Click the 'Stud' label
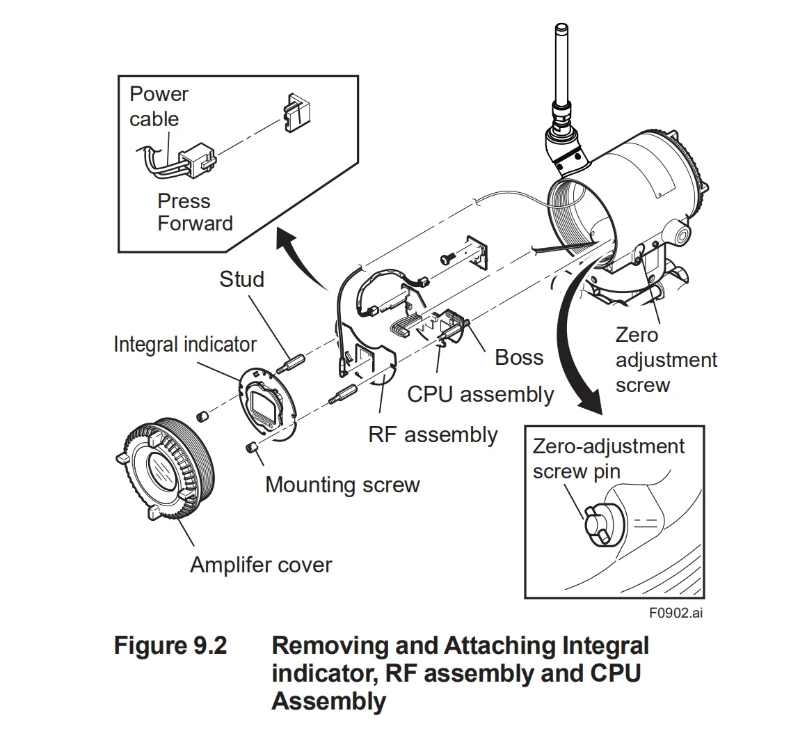pos(241,279)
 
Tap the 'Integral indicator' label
pos(184,344)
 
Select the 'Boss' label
pos(518,357)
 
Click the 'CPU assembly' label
pos(480,394)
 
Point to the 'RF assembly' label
pos(433,435)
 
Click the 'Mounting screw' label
pos(342,485)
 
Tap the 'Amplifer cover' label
pos(261,564)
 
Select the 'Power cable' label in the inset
pos(159,106)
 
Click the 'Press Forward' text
pos(195,212)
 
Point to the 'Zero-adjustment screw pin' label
pos(608,458)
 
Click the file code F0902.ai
pos(676,613)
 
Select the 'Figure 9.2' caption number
pos(170,645)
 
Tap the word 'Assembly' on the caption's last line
pos(328,701)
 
